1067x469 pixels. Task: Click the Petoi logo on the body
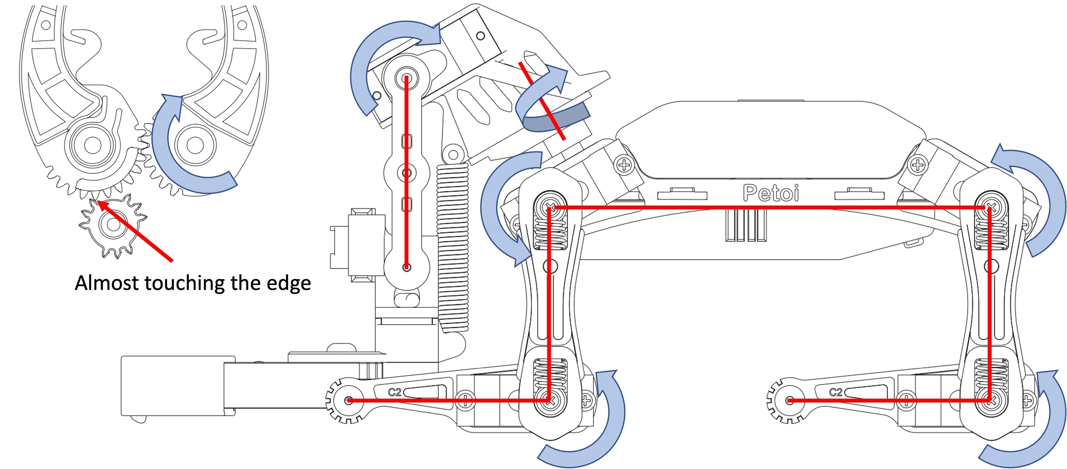click(x=771, y=193)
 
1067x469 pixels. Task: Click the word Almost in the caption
click(x=106, y=283)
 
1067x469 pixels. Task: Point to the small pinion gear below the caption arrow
click(x=113, y=225)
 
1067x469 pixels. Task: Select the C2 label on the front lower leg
click(x=395, y=392)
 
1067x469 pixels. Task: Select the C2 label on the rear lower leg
click(x=835, y=392)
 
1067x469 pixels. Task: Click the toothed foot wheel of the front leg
click(x=348, y=400)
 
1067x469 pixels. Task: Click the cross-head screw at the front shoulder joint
click(x=550, y=206)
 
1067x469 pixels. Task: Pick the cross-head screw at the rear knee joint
click(x=991, y=400)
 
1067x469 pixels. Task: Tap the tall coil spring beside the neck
click(x=452, y=248)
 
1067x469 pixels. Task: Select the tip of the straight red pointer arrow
click(x=98, y=202)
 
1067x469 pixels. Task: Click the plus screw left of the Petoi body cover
click(x=624, y=165)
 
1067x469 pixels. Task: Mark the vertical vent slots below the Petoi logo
click(x=746, y=225)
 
